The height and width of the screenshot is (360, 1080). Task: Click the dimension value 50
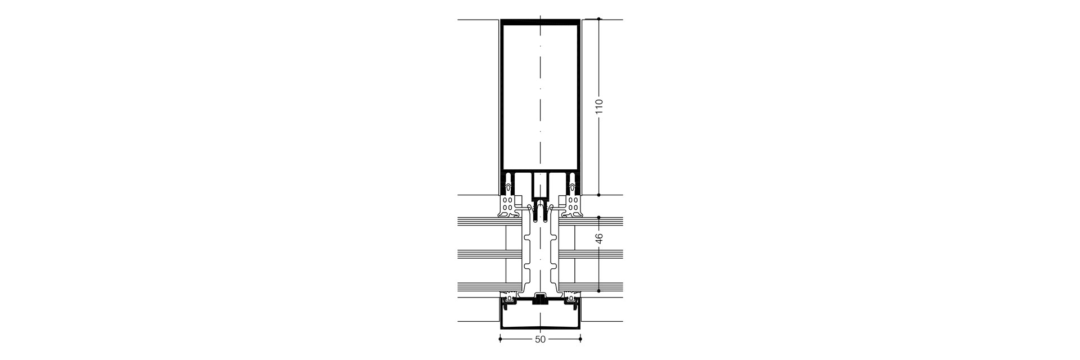tap(540, 340)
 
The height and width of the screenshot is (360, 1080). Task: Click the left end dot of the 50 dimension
tap(500, 340)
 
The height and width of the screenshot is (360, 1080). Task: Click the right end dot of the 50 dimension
tap(580, 340)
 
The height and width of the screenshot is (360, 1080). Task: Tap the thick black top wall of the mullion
tap(540, 22)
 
